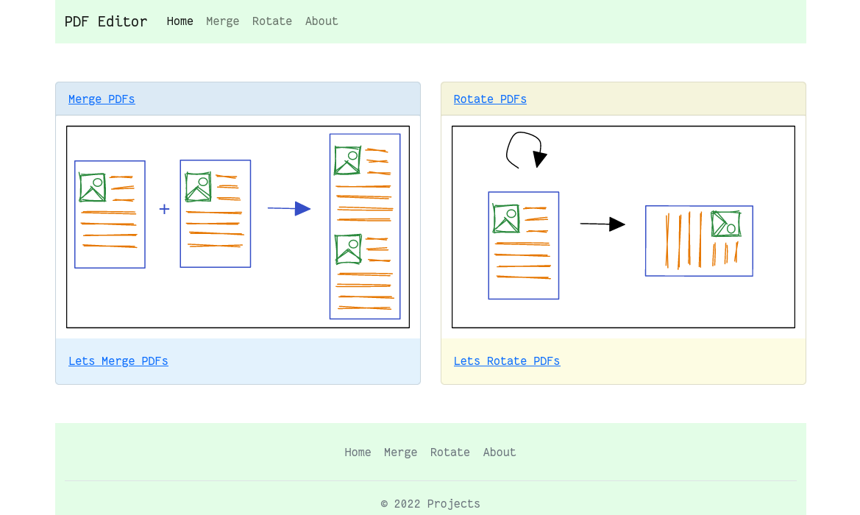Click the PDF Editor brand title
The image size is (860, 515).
[x=106, y=21]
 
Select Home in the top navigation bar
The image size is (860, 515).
[x=180, y=21]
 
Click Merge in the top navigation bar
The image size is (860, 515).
[x=223, y=21]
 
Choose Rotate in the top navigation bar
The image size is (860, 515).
[x=272, y=21]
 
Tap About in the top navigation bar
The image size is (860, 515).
[x=321, y=21]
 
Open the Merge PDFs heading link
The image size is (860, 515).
[x=102, y=99]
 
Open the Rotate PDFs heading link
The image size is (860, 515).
[x=490, y=99]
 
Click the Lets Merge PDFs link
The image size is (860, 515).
[x=118, y=361]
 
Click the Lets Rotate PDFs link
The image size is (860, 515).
[x=507, y=361]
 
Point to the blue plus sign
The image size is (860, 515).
[x=164, y=209]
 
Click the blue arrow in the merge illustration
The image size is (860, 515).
[x=289, y=208]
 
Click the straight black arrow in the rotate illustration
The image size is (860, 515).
[x=603, y=224]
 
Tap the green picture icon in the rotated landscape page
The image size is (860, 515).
[x=726, y=224]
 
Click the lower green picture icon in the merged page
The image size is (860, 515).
[x=348, y=249]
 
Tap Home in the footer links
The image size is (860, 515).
[x=358, y=452]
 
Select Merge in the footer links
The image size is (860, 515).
[x=400, y=452]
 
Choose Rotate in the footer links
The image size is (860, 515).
[x=449, y=452]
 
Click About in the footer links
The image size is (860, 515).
[x=499, y=452]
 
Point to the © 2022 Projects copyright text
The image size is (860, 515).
[x=430, y=503]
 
